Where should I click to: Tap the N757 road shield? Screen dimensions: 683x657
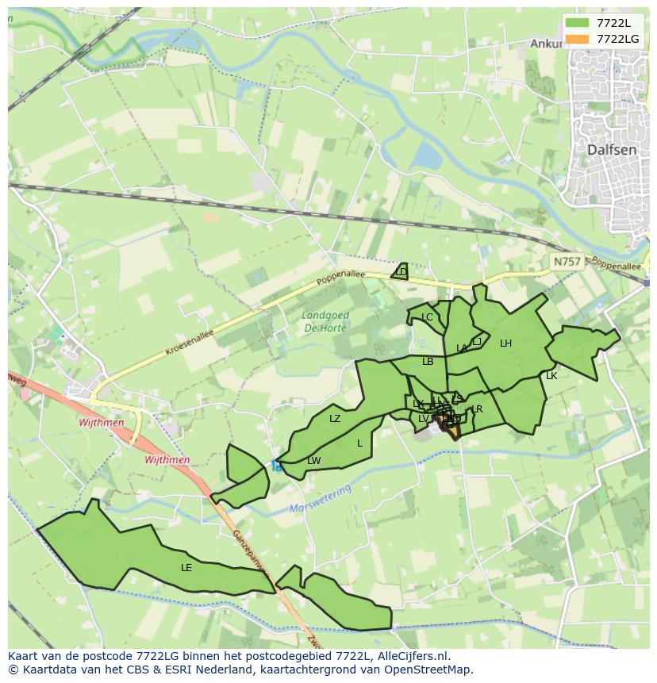567,261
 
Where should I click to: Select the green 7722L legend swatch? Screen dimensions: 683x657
578,23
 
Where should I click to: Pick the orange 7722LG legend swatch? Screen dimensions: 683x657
578,39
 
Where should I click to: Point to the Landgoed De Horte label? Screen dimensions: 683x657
325,321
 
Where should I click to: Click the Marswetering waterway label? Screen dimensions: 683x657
320,501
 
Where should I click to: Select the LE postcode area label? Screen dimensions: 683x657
186,568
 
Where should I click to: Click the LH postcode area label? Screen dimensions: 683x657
505,343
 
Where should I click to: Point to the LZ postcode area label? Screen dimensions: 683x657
335,419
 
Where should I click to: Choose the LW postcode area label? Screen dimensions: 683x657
314,461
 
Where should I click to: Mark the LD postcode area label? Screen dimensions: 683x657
401,272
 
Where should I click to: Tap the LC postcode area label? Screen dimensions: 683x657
427,317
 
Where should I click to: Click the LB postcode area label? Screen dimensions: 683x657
428,362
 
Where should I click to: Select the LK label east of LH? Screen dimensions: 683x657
551,376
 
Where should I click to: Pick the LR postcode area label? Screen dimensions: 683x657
478,409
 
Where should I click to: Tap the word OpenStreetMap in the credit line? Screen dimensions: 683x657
429,670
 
